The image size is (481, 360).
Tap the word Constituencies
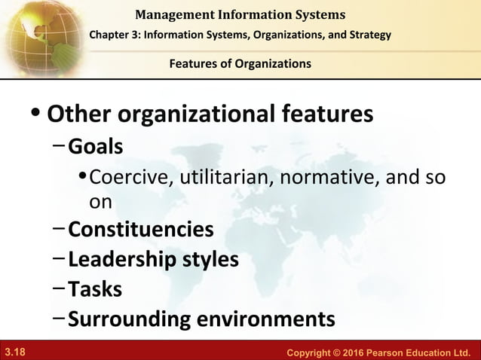pyautogui.click(x=141, y=228)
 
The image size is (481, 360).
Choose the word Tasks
pyautogui.click(x=95, y=288)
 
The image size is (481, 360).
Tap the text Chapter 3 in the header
pyautogui.click(x=118, y=35)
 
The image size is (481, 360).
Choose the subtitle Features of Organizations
pyautogui.click(x=240, y=63)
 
